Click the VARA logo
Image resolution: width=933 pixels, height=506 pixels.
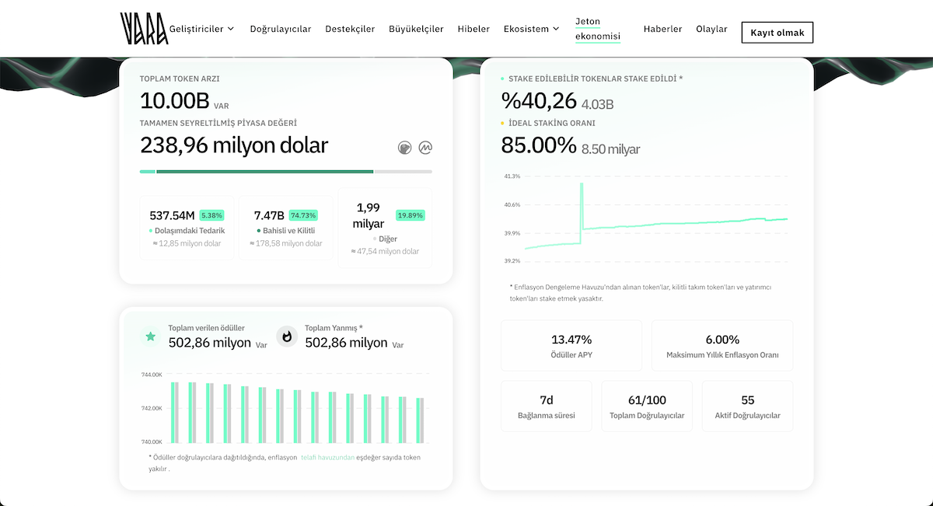(144, 28)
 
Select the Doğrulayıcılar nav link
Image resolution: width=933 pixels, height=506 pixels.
(281, 29)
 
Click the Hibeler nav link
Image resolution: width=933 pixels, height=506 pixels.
(473, 29)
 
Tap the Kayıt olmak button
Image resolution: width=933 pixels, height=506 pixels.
(777, 33)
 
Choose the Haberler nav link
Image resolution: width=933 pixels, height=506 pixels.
(662, 29)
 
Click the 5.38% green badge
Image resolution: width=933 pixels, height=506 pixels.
(211, 215)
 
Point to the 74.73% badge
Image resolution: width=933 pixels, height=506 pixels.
(303, 215)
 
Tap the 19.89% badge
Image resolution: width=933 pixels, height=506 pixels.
(411, 215)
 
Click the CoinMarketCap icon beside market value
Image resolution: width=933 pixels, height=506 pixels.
(425, 148)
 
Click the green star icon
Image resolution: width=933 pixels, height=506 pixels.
(150, 336)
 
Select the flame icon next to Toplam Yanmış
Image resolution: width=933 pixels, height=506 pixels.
(287, 337)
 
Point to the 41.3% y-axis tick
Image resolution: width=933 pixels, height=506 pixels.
(512, 176)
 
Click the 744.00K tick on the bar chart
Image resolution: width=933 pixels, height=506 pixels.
(152, 375)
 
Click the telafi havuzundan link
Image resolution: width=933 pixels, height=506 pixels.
(328, 457)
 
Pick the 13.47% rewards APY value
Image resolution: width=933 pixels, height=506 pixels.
(571, 340)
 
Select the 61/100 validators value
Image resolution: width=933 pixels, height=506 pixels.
(647, 400)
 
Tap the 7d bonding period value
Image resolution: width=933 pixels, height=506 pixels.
(547, 400)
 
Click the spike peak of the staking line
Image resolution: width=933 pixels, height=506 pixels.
(582, 183)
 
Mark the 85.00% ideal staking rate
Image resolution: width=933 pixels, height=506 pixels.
(539, 145)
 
